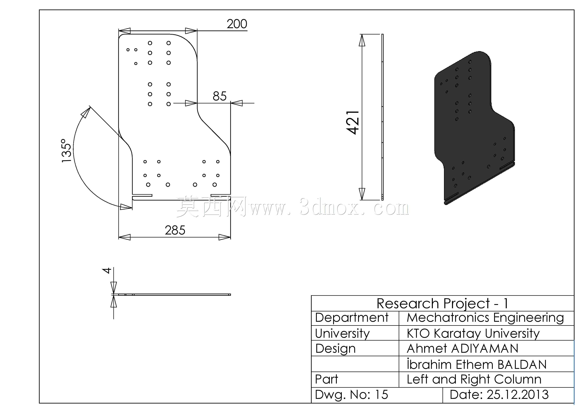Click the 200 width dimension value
click(x=237, y=24)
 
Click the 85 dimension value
click(x=220, y=96)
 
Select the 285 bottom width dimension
click(x=175, y=230)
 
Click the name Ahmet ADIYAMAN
click(x=462, y=349)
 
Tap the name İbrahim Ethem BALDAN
click(x=476, y=364)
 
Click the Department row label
click(x=352, y=318)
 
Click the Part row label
click(x=326, y=379)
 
